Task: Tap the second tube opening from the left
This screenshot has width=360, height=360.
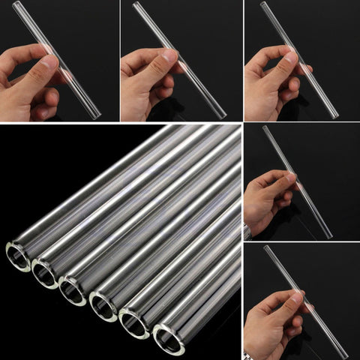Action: coord(45,274)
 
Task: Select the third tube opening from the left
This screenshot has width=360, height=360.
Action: coord(73,289)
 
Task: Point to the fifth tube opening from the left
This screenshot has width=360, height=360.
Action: coord(134,323)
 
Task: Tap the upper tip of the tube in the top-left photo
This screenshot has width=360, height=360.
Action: coord(16,4)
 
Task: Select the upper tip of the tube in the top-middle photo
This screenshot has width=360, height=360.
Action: coord(136,4)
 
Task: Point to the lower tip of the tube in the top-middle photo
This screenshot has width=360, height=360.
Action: coord(223,116)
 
